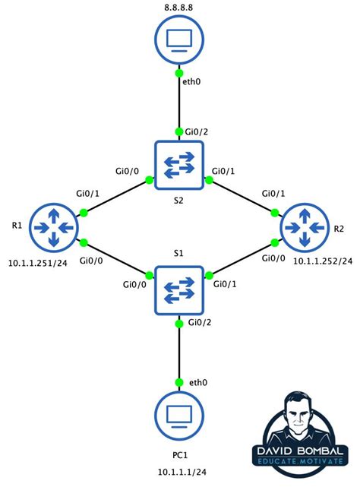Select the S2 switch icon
pyautogui.click(x=179, y=165)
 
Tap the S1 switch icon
pyautogui.click(x=179, y=289)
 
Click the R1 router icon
pyautogui.click(x=55, y=226)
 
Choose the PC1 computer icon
pyautogui.click(x=179, y=417)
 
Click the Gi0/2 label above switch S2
pyautogui.click(x=197, y=132)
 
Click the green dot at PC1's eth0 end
pyautogui.click(x=180, y=381)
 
